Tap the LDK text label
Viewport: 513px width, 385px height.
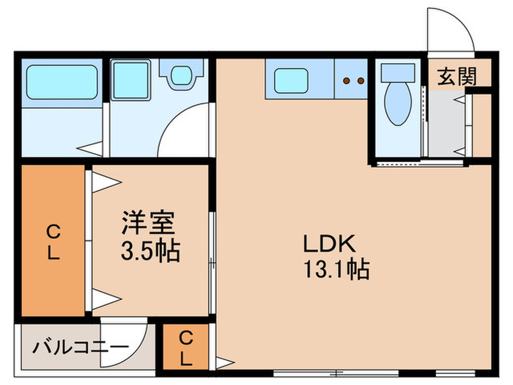click(x=327, y=243)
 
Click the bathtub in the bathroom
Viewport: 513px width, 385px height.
click(x=62, y=84)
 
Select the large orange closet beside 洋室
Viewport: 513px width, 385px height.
click(x=53, y=242)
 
